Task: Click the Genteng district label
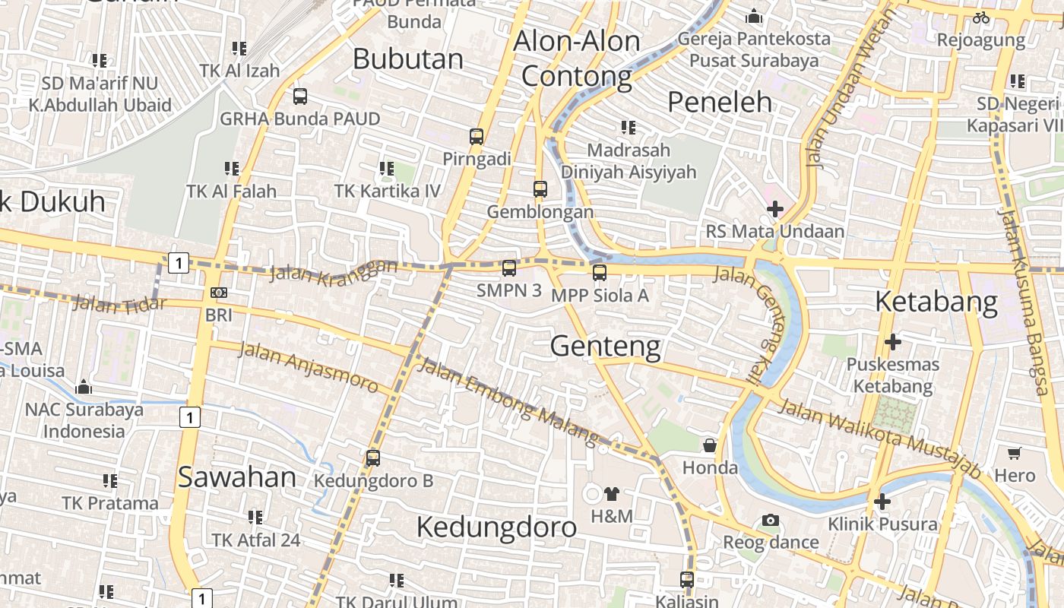click(x=605, y=347)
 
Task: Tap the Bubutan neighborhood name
click(x=408, y=59)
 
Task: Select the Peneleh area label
click(x=719, y=102)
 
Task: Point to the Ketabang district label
click(x=936, y=302)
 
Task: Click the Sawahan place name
click(x=237, y=477)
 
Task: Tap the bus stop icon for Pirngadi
click(x=477, y=137)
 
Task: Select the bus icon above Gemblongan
click(x=540, y=189)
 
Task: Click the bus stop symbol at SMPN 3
click(x=509, y=268)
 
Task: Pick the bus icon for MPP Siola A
click(x=600, y=273)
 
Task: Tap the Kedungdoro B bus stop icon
click(x=372, y=458)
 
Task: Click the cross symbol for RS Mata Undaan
click(x=775, y=209)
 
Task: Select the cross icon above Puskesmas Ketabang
click(x=892, y=342)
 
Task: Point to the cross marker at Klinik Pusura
click(x=882, y=502)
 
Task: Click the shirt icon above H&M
click(x=612, y=494)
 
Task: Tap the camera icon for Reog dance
click(x=771, y=521)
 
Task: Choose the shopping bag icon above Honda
click(x=710, y=445)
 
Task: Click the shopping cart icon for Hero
click(x=1014, y=454)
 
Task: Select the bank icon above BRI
click(x=219, y=293)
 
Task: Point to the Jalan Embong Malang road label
click(x=508, y=401)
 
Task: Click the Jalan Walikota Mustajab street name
click(x=879, y=438)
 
